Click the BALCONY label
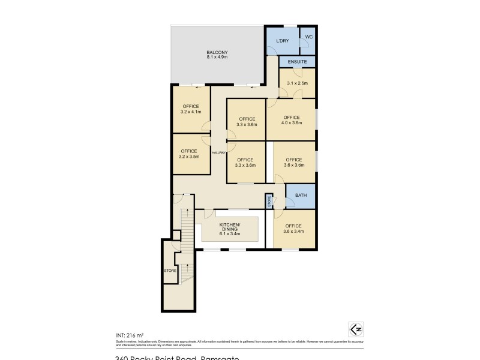click(x=217, y=52)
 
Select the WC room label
click(x=308, y=37)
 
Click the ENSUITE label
click(x=297, y=62)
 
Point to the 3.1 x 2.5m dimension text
click(x=297, y=83)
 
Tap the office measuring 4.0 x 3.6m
click(x=292, y=121)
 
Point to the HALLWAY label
click(x=218, y=153)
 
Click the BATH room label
click(x=301, y=196)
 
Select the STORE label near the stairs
click(x=170, y=271)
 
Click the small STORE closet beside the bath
click(x=269, y=200)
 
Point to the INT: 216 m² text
click(x=130, y=335)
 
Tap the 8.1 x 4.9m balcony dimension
click(x=217, y=56)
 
